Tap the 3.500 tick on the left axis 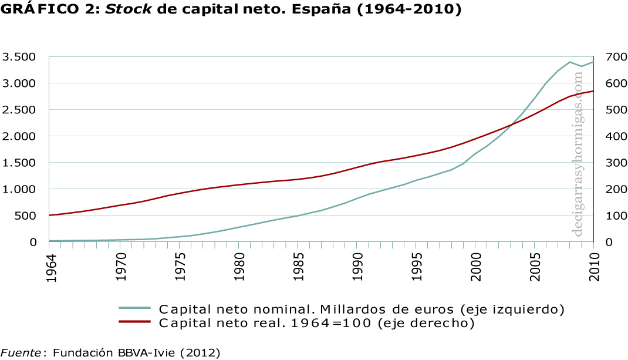click(x=19, y=57)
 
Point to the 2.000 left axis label click(x=19, y=136)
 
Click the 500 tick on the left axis click(x=26, y=216)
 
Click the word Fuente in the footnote click(x=21, y=352)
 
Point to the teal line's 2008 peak click(x=570, y=62)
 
